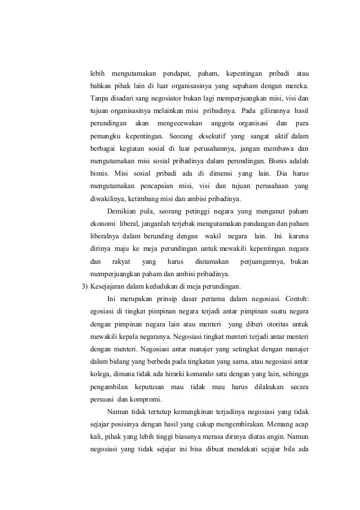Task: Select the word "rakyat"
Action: tap(121, 260)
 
